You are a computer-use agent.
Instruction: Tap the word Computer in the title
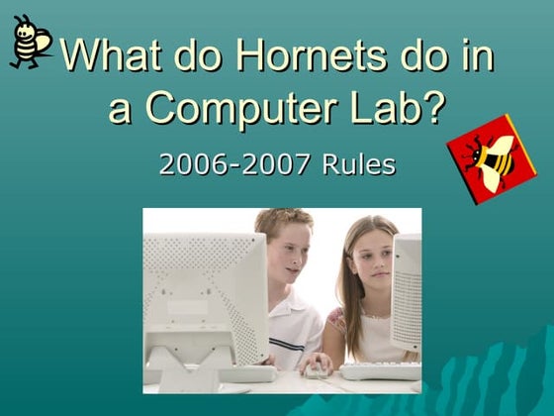[245, 107]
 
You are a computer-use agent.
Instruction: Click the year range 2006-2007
[235, 163]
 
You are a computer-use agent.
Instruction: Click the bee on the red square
[492, 156]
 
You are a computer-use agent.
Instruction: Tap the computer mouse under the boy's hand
[315, 370]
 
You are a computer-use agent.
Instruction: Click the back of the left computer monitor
[203, 287]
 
